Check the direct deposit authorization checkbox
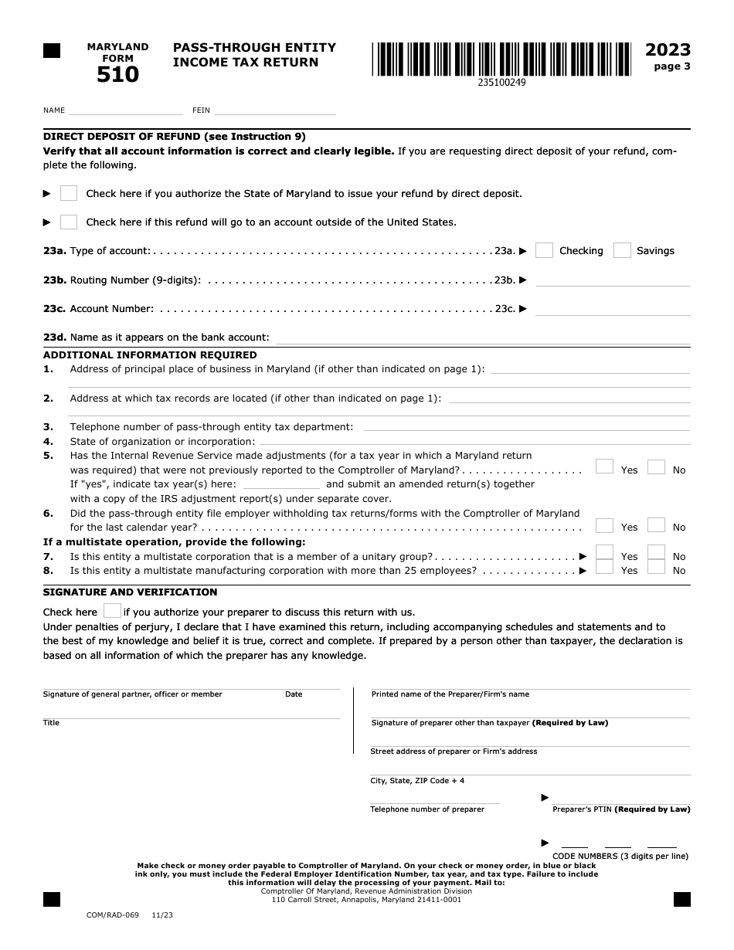(x=69, y=193)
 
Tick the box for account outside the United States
(x=69, y=222)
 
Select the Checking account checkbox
(x=544, y=250)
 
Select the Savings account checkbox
(x=622, y=250)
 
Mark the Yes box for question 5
(x=604, y=467)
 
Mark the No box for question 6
(x=656, y=525)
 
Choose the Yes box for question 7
(x=604, y=553)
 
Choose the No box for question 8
(x=656, y=568)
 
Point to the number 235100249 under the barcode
(x=501, y=83)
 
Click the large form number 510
(x=117, y=75)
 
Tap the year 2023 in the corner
(x=668, y=50)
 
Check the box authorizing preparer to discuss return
(x=112, y=611)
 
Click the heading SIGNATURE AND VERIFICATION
(x=130, y=592)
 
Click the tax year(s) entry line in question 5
(x=281, y=484)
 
